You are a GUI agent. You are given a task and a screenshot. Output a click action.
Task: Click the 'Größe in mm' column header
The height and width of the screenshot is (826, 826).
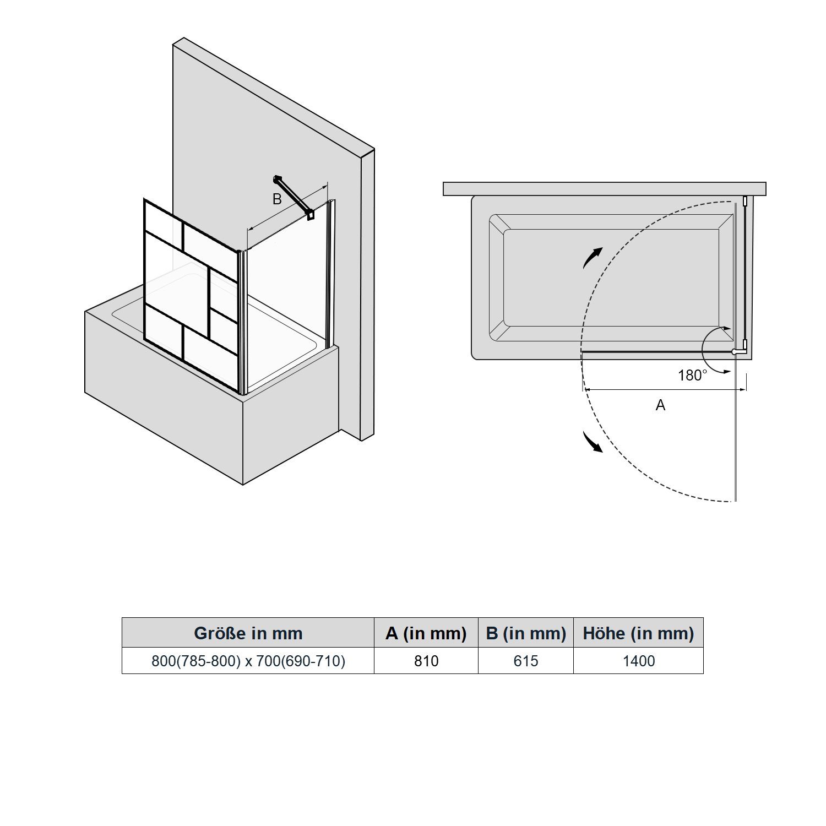coord(248,633)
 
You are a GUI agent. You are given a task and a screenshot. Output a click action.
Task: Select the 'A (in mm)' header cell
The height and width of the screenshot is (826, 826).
coord(426,633)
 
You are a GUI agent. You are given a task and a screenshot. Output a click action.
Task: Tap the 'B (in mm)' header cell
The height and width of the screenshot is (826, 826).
coord(526,633)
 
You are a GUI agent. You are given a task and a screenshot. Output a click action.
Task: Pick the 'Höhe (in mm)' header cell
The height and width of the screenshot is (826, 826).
coord(638,633)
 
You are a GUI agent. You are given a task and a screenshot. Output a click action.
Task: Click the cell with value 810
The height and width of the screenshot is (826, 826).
coord(426,661)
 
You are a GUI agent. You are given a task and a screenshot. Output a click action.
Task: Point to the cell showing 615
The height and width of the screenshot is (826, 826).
coord(526,661)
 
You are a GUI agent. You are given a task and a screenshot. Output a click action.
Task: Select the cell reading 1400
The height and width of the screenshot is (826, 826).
coord(639,661)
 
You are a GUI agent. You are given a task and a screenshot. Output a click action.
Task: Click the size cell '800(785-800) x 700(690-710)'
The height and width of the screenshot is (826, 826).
coord(248,661)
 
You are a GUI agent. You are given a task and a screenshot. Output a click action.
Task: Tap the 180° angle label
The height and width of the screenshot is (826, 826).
coord(692,376)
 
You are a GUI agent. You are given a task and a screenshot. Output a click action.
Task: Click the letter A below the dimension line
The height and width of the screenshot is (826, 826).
coord(661,405)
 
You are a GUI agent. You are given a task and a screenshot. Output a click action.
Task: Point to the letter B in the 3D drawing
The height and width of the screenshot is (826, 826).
coord(277,199)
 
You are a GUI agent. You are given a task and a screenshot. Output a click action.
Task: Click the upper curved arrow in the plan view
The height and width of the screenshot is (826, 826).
coord(591,257)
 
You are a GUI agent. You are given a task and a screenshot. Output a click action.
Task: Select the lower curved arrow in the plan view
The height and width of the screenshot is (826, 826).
coord(592,442)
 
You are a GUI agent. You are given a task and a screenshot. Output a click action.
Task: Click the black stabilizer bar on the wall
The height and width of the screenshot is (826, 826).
coord(293,196)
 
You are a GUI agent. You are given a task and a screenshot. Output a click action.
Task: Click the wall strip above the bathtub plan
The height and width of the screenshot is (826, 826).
coord(605,189)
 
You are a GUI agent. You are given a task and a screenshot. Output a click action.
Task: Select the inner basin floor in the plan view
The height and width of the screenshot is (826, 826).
coord(611,278)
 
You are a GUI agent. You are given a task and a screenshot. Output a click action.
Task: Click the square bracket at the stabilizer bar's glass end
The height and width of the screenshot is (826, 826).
coord(311,215)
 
